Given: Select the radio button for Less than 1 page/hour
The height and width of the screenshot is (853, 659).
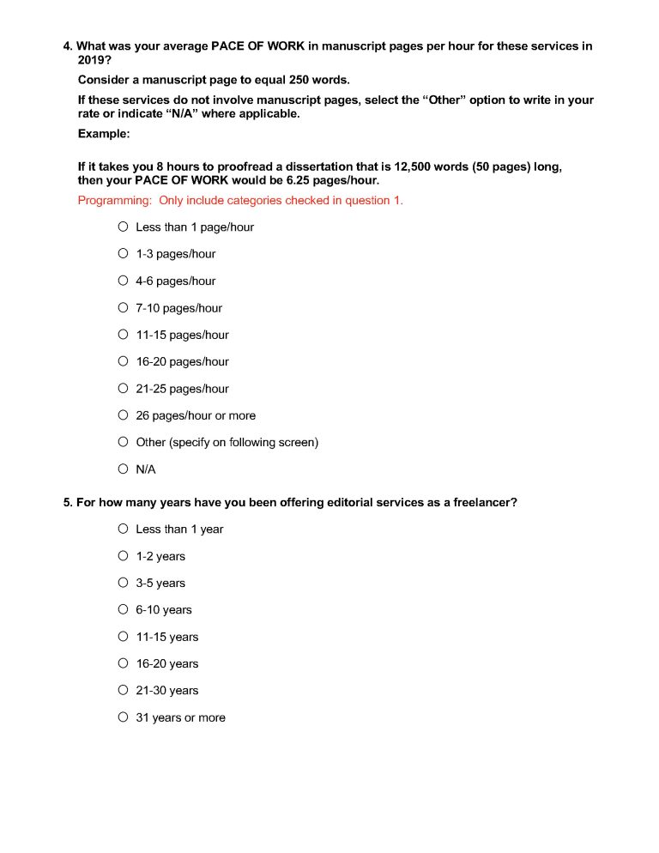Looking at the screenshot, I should (x=124, y=227).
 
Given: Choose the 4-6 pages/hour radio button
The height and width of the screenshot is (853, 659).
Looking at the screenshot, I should (x=124, y=281).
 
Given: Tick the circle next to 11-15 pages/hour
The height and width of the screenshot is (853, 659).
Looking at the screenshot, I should (x=124, y=335).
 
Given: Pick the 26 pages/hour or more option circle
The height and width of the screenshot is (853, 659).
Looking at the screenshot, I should (x=124, y=415).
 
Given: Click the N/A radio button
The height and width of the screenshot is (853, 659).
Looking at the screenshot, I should (x=124, y=469).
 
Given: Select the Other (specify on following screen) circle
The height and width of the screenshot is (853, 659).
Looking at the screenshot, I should (x=124, y=442).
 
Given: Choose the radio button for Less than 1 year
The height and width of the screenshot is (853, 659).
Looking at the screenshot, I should (x=124, y=529).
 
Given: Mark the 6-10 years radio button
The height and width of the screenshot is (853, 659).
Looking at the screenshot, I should (x=124, y=609).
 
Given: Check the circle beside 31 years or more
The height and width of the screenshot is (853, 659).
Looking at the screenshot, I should (x=124, y=717).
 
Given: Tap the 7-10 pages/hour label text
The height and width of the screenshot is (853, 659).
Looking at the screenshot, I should (x=178, y=308).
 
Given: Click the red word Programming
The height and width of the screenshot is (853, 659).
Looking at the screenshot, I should (x=114, y=201).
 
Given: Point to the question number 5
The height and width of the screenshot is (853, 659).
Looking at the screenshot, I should (x=67, y=502).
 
